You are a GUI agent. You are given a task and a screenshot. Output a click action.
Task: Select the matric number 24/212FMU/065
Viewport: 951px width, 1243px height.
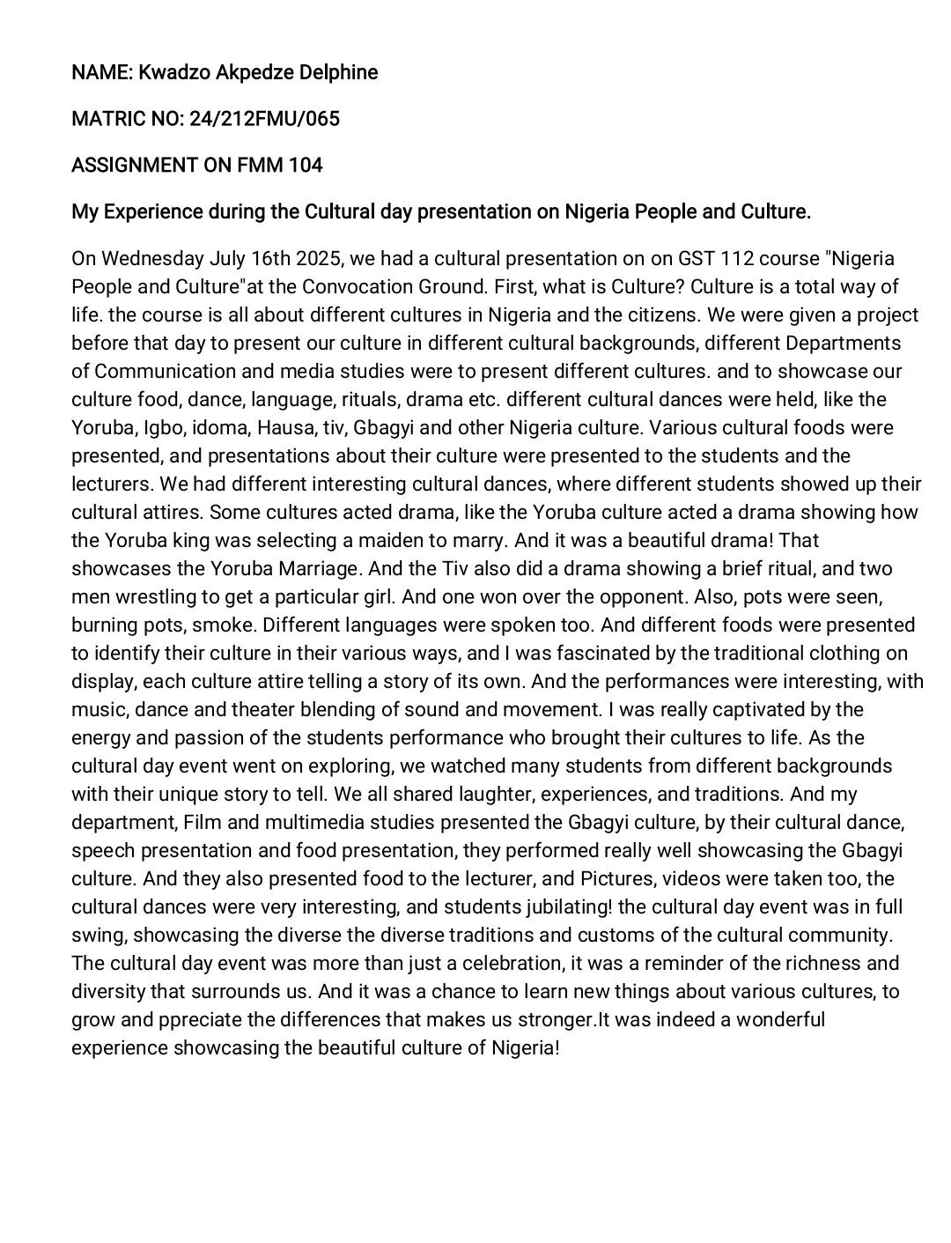point(264,119)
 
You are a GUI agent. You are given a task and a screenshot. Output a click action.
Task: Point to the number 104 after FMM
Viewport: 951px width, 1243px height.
point(305,165)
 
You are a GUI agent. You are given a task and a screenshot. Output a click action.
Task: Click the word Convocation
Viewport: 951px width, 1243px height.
point(359,287)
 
